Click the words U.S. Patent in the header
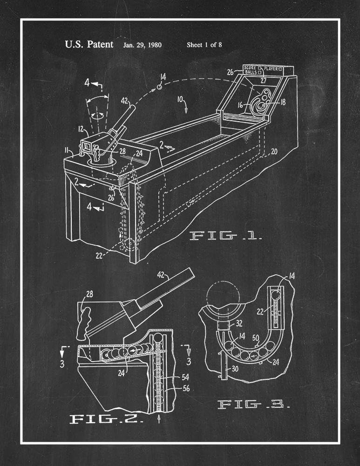pyautogui.click(x=88, y=45)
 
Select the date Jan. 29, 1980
pyautogui.click(x=143, y=45)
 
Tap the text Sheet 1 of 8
pyautogui.click(x=204, y=45)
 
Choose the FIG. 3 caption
pyautogui.click(x=254, y=404)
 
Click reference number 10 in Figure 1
pyautogui.click(x=180, y=98)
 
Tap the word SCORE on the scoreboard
pyautogui.click(x=250, y=69)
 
